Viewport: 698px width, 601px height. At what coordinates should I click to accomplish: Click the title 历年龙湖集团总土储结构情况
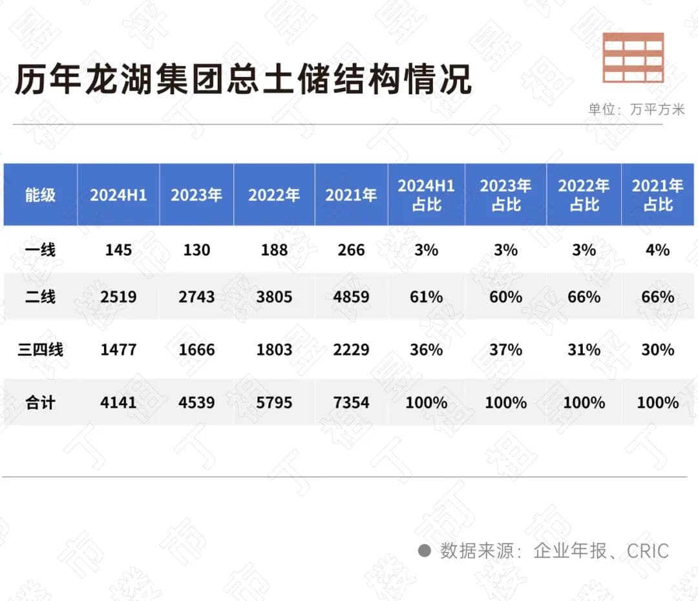243,81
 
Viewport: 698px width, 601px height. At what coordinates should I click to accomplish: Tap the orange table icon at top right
633,58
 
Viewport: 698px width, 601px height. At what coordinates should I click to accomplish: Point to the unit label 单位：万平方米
636,109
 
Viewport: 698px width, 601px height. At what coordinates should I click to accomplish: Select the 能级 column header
41,195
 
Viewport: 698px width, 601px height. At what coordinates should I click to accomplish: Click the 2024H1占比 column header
426,195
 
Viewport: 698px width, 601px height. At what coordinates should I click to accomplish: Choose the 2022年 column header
274,195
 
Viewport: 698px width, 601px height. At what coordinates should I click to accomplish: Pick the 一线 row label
41,249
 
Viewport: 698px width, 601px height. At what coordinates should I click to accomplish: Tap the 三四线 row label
41,350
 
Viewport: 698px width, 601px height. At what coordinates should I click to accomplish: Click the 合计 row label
41,403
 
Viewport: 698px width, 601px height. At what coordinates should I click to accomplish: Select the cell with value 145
118,249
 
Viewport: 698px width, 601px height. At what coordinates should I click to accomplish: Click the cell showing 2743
196,297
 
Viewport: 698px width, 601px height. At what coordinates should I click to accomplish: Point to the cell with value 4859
351,297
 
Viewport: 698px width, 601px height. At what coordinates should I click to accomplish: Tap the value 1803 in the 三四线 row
274,350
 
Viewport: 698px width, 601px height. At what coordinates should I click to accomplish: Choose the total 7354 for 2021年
351,403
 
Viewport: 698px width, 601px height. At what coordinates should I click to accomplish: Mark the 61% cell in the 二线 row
426,297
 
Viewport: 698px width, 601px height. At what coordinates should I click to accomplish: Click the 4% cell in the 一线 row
657,249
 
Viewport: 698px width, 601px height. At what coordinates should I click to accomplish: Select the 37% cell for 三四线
505,350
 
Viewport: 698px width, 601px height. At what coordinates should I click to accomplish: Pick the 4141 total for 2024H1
118,403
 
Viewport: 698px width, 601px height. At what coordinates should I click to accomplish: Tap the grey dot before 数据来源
425,551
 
